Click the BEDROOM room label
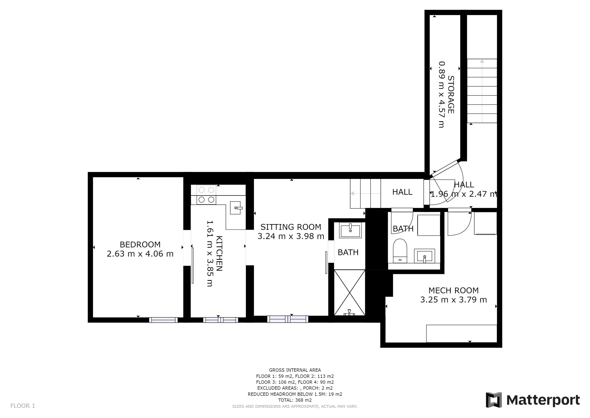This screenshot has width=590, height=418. (x=140, y=245)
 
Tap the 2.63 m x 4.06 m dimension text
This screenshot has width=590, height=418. (x=140, y=254)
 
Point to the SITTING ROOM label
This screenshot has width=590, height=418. (x=291, y=227)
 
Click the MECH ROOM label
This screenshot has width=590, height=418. (x=454, y=291)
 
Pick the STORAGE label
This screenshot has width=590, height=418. (x=451, y=95)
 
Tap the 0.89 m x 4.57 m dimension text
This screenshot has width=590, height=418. (x=441, y=94)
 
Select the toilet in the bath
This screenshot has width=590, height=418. (x=400, y=251)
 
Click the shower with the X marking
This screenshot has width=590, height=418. (x=349, y=292)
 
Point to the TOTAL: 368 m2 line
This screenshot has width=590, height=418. (x=295, y=400)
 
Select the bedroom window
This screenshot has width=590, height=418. (x=163, y=320)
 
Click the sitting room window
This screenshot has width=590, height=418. (x=288, y=319)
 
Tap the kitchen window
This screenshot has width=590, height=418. (x=221, y=320)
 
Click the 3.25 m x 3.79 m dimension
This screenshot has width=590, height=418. (x=454, y=300)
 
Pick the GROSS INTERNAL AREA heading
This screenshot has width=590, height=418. (x=295, y=370)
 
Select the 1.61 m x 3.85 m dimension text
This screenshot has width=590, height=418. (x=210, y=253)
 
